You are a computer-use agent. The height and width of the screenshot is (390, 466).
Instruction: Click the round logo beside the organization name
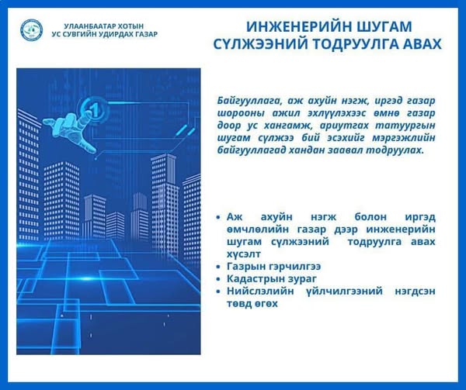click(32, 30)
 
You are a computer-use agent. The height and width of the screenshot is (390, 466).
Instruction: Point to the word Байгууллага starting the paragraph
click(249, 101)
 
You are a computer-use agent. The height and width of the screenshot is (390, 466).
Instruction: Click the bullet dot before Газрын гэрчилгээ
click(218, 267)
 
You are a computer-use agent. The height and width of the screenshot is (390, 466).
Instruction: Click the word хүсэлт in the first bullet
click(244, 254)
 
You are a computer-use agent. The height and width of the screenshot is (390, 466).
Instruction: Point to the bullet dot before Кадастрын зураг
click(218, 279)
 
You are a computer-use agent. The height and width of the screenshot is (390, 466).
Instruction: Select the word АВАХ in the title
click(421, 44)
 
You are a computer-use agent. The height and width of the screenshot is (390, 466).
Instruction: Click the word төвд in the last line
click(237, 304)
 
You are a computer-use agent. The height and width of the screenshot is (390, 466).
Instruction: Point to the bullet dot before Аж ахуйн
click(218, 217)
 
